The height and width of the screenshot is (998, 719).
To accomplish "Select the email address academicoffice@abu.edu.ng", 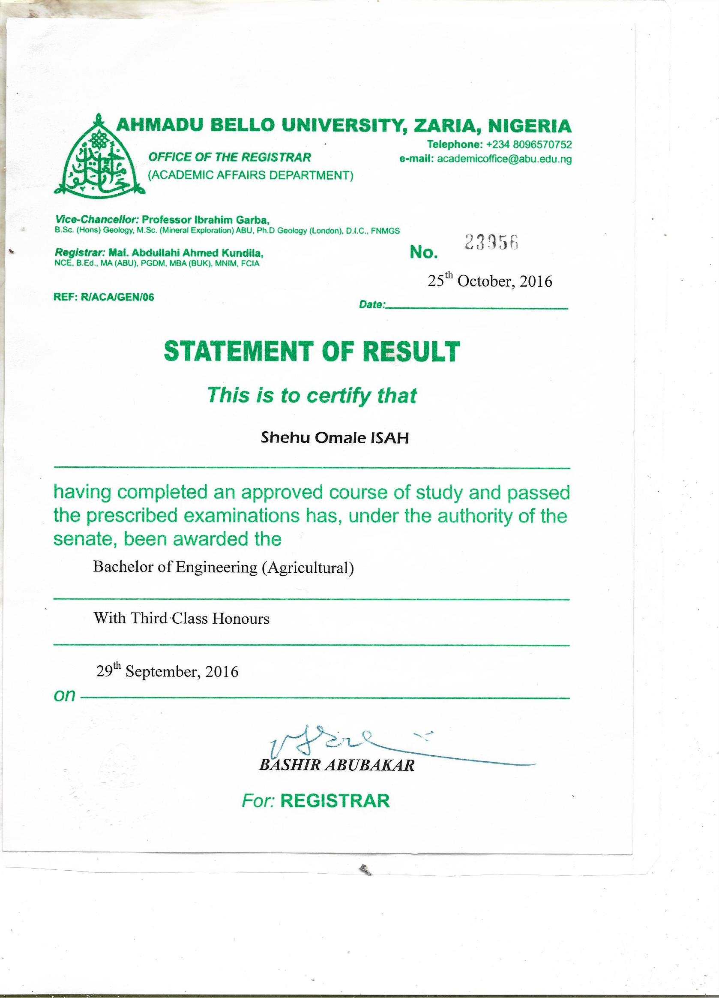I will pos(504,159).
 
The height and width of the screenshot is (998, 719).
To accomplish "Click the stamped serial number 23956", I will pos(491,242).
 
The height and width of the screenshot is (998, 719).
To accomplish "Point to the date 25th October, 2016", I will pos(490,281).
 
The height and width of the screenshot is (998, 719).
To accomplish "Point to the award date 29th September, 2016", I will pos(167,671).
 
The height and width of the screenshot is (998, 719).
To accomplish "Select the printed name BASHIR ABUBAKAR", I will pos(337,766).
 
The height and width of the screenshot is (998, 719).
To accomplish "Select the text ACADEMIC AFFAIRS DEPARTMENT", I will pos(251,176).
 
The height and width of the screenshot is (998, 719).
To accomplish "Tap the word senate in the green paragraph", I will pos(81,539).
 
